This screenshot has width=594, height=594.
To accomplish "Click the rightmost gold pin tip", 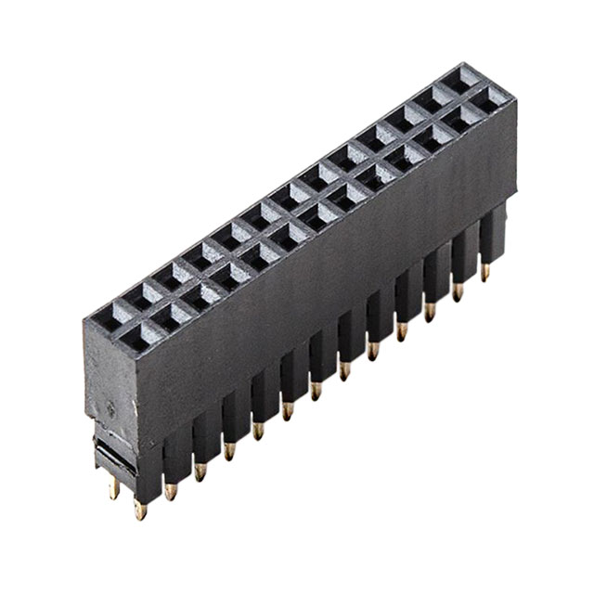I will [484, 271].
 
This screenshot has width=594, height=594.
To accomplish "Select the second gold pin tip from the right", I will [457, 291].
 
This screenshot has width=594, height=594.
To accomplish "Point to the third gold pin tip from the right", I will [429, 311].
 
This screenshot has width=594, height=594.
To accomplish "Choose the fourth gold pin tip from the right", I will [401, 330].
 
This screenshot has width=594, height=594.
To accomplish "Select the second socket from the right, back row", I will [433, 96].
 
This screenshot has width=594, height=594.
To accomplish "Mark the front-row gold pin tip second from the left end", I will [171, 490].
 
